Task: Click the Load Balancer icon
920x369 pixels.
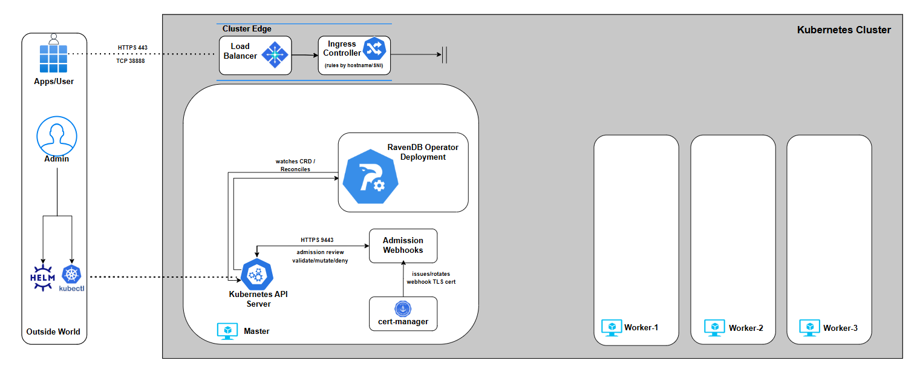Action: click(x=275, y=55)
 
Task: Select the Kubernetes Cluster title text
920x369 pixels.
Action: click(x=844, y=30)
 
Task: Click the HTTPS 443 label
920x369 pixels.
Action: click(x=132, y=47)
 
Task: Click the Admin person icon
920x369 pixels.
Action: click(x=56, y=136)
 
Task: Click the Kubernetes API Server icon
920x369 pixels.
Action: click(x=258, y=274)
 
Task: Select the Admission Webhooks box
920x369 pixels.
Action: click(x=403, y=245)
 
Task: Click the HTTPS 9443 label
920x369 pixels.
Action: click(x=317, y=240)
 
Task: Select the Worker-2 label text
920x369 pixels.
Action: click(x=746, y=328)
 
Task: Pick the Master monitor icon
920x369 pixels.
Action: click(x=227, y=331)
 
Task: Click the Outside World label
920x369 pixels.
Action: click(x=53, y=331)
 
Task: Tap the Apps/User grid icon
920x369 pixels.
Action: click(x=54, y=57)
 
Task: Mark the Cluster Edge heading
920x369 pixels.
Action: click(x=247, y=29)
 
